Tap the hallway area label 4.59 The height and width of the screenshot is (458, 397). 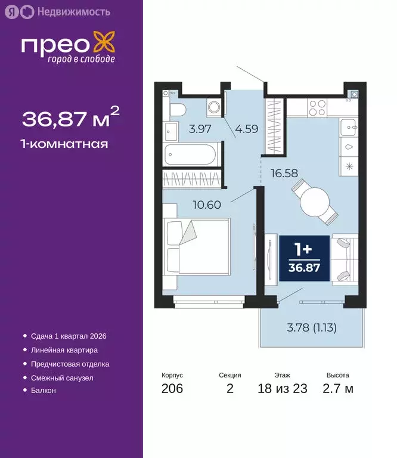[246, 128]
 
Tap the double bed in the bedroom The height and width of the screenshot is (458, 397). [196, 246]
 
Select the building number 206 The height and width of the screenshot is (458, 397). [172, 389]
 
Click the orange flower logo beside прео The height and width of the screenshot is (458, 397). [104, 45]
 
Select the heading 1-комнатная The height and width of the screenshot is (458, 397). [65, 144]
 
